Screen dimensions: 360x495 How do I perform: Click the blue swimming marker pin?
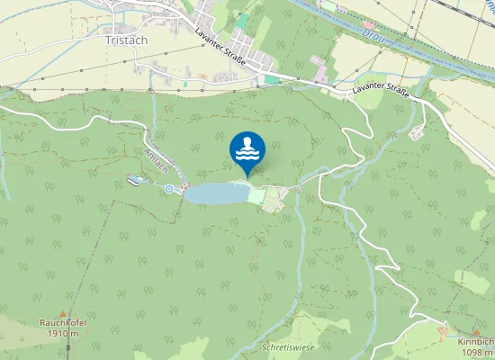click(247, 151)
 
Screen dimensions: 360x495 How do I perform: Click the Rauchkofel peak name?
click(60, 322)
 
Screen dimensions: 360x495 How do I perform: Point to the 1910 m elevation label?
click(60, 333)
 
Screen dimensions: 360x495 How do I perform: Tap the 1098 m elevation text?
click(477, 353)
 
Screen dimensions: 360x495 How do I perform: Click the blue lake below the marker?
click(215, 193)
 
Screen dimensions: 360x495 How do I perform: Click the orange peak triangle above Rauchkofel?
click(60, 310)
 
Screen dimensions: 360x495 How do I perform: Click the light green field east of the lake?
click(256, 195)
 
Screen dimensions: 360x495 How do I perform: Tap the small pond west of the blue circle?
click(136, 181)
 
